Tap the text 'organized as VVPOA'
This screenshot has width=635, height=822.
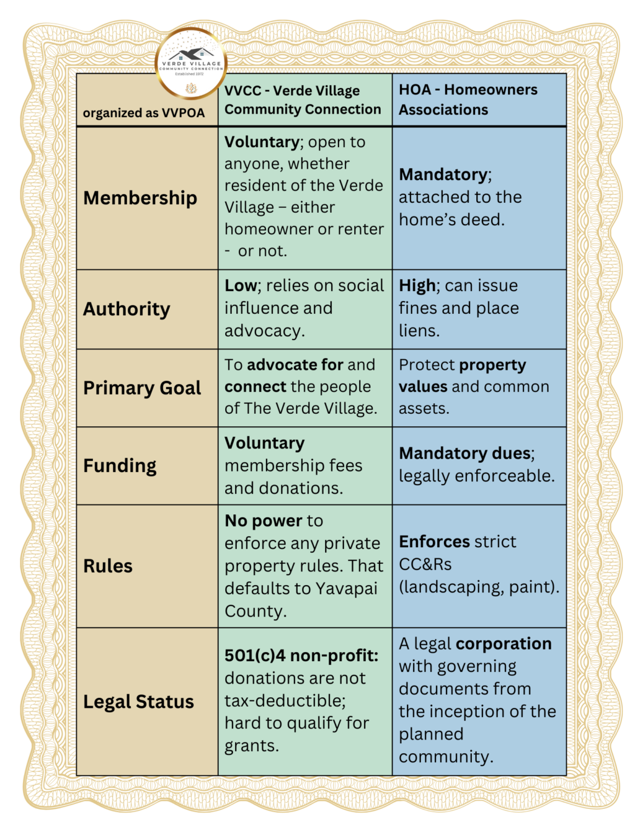point(144,113)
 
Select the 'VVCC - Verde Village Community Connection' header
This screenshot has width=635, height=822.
point(303,100)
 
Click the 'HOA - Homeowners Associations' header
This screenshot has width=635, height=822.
point(468,100)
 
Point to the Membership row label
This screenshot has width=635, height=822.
point(140,198)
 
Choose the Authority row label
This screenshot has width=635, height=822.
point(127,309)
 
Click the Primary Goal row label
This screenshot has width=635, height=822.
point(142,388)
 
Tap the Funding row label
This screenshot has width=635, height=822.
point(120,465)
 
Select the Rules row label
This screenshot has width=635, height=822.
point(108,566)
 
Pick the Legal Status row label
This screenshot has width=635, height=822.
point(138,702)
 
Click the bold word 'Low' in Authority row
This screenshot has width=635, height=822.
point(241,285)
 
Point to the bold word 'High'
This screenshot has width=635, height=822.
point(417,285)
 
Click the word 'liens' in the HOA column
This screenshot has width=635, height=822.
point(417,331)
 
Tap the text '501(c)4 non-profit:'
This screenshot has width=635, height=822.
point(301,656)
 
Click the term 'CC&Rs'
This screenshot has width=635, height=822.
point(425,564)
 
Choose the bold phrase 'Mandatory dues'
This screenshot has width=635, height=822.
point(465,453)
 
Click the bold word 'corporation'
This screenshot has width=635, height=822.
point(504,644)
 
